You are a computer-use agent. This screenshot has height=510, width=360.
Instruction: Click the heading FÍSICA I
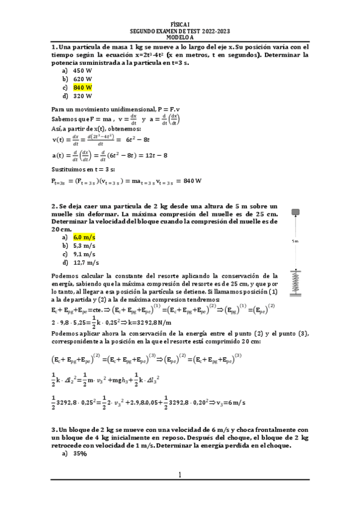point(180,25)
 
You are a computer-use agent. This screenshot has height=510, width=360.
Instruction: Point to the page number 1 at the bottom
point(179,475)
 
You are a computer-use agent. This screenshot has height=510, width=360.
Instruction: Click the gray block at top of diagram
point(295,212)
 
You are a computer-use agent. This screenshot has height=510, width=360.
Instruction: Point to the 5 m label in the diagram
point(295,241)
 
